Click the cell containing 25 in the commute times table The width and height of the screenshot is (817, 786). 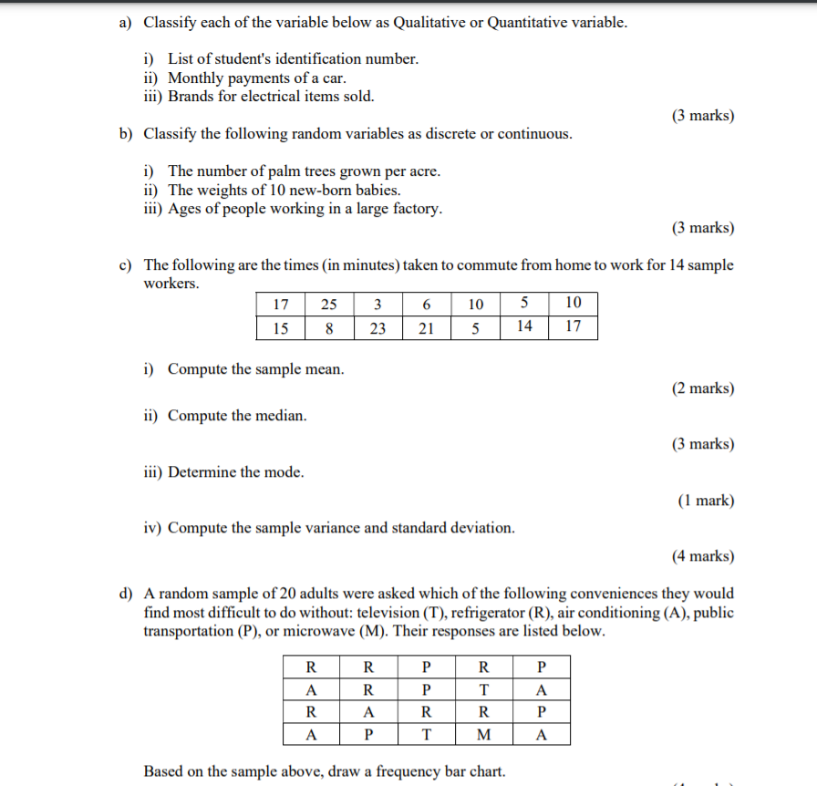(x=328, y=304)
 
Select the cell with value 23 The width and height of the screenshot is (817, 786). (x=377, y=328)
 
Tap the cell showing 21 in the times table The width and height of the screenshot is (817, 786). (x=426, y=328)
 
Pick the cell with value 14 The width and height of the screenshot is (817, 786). (x=524, y=327)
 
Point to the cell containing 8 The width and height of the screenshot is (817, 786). (x=328, y=328)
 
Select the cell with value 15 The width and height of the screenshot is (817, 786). (x=280, y=328)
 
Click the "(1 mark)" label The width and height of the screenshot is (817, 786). (x=706, y=501)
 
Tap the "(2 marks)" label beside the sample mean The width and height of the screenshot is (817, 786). (x=702, y=388)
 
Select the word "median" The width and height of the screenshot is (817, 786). (x=283, y=416)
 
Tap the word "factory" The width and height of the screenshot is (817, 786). (x=417, y=209)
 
